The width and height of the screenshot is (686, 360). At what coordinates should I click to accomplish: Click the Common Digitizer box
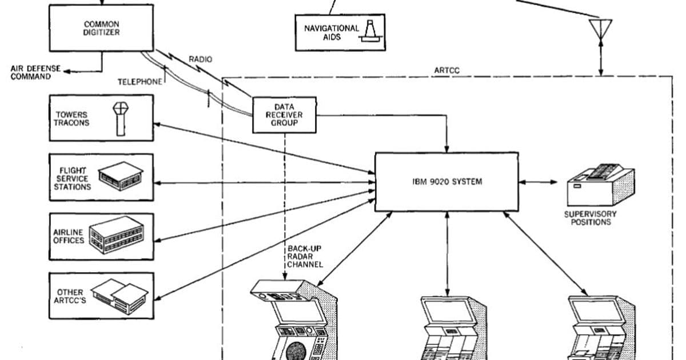[101, 29]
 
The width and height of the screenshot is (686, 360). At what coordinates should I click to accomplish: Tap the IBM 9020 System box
[446, 182]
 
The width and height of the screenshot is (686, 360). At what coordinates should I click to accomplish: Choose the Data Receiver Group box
[284, 115]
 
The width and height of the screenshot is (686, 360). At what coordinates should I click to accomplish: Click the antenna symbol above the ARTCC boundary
[600, 29]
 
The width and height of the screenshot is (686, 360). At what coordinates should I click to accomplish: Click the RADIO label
[200, 59]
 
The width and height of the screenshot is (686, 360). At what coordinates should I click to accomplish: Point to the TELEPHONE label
[140, 82]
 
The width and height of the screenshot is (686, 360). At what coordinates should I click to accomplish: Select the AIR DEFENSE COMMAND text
[35, 73]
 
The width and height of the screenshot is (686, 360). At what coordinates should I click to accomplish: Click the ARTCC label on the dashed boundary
[447, 71]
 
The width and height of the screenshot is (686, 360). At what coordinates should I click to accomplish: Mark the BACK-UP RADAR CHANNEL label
[305, 257]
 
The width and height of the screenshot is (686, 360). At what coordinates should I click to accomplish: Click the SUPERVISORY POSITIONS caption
[591, 218]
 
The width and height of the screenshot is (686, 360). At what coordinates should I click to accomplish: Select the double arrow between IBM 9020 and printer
[537, 182]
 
